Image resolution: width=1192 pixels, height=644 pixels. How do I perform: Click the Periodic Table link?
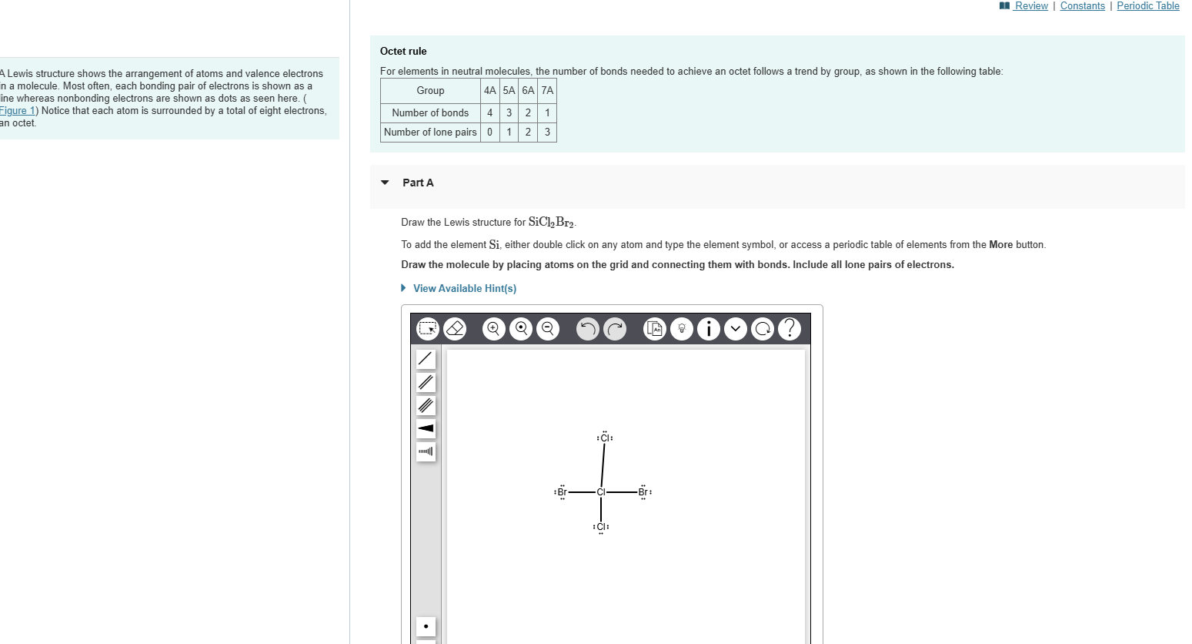(x=1147, y=6)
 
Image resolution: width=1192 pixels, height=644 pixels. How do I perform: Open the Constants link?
(x=1082, y=6)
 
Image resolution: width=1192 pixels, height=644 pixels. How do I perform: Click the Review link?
(x=1030, y=6)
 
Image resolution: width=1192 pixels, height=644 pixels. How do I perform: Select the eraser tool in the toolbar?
(x=455, y=329)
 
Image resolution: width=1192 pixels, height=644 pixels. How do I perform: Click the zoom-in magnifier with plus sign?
(x=493, y=329)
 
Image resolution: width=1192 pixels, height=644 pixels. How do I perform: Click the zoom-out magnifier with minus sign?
(x=548, y=329)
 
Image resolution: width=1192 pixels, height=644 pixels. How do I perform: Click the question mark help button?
(x=789, y=329)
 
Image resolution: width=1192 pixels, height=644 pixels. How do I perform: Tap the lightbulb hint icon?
(x=681, y=329)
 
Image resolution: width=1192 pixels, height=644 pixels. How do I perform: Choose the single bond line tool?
(x=426, y=359)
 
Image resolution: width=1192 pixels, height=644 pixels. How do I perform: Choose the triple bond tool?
(x=426, y=405)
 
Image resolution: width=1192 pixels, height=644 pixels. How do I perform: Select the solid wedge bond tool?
(x=426, y=428)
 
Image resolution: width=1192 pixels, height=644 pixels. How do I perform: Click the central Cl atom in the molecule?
(x=601, y=492)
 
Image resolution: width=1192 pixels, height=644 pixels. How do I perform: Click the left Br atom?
(x=562, y=492)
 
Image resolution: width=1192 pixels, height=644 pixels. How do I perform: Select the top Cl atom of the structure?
(x=605, y=438)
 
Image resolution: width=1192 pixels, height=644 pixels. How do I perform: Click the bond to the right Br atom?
(x=622, y=492)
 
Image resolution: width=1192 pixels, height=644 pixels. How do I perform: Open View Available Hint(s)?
(x=464, y=288)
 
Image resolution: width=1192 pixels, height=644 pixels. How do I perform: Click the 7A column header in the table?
(x=547, y=90)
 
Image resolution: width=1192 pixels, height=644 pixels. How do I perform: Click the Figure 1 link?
(x=18, y=111)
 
